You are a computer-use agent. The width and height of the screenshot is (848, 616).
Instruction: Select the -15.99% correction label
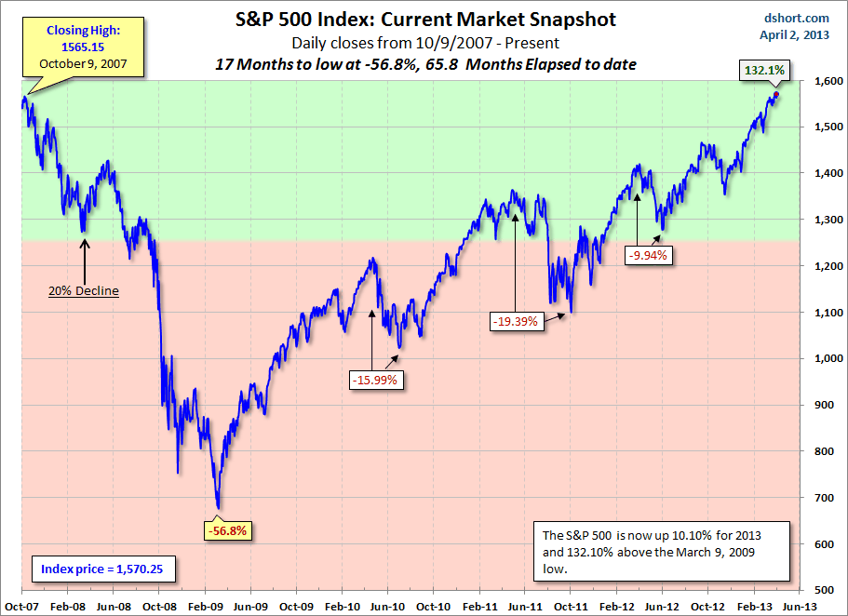pyautogui.click(x=376, y=380)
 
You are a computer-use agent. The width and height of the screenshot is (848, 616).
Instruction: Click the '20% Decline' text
pyautogui.click(x=84, y=290)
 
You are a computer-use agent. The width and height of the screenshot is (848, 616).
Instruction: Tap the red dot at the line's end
pyautogui.click(x=775, y=95)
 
